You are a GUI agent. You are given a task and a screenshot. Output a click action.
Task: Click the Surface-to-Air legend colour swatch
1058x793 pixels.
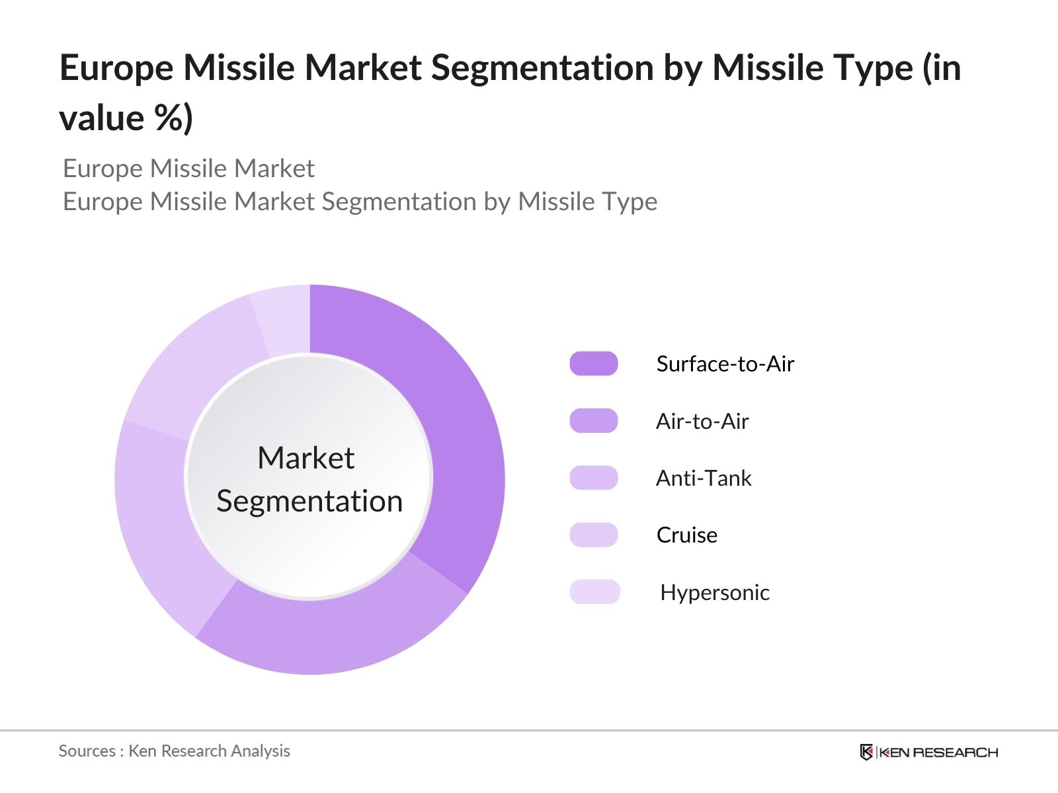(x=593, y=363)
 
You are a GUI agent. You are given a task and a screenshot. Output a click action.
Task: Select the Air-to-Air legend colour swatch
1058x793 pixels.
(x=593, y=421)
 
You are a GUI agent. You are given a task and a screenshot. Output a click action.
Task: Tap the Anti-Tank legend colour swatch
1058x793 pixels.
(x=593, y=478)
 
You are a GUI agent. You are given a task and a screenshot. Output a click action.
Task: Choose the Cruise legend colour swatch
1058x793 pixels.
(x=593, y=535)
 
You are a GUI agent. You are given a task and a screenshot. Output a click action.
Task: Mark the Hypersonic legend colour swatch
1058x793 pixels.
(x=594, y=592)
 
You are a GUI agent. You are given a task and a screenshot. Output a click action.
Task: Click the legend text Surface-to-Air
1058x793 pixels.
(x=725, y=363)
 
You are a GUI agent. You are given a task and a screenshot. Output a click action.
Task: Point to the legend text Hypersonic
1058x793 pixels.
(x=714, y=592)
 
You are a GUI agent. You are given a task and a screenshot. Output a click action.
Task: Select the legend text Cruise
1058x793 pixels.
(x=686, y=535)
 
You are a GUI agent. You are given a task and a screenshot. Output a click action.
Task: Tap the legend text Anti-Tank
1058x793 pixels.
(x=704, y=478)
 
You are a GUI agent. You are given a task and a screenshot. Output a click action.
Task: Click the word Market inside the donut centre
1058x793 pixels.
(x=305, y=458)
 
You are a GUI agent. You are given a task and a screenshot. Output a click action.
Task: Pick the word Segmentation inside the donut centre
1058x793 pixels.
(x=309, y=501)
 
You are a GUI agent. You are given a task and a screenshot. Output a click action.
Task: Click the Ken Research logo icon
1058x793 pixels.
(x=866, y=752)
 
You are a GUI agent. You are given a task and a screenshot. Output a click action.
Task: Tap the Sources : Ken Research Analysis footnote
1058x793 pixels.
(x=174, y=751)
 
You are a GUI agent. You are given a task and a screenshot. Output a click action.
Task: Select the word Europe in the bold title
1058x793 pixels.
(x=116, y=67)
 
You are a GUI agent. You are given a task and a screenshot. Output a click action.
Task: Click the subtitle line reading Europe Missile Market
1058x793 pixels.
(x=188, y=169)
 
